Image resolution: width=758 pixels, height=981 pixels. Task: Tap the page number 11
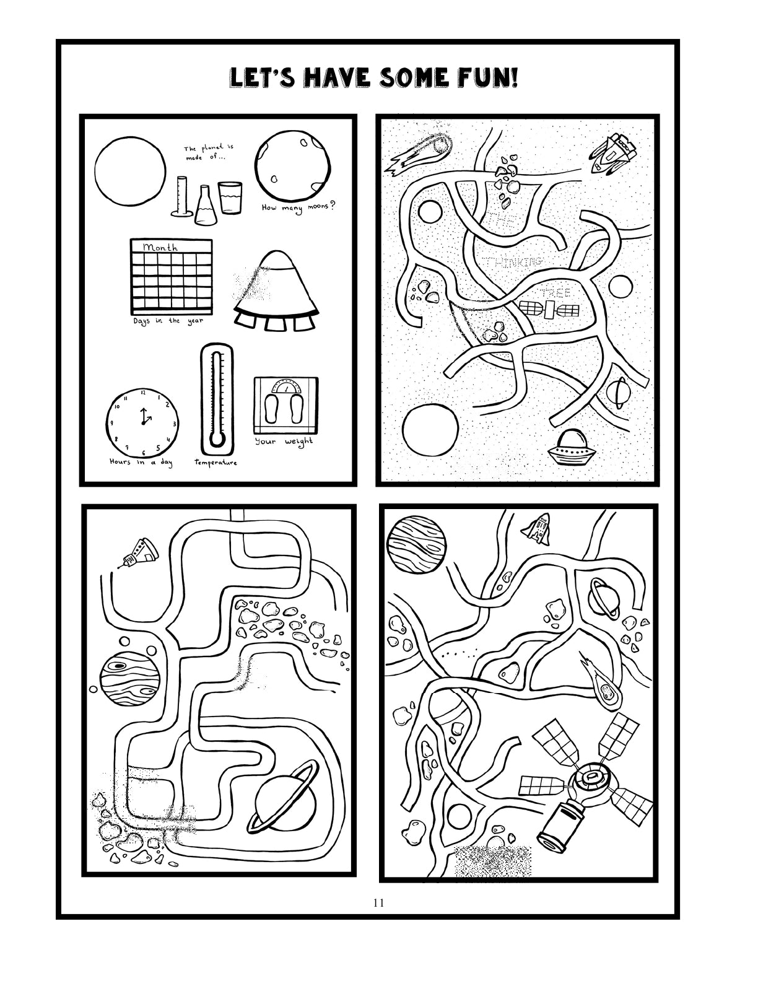(378, 902)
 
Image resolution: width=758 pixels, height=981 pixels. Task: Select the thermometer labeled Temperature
(215, 400)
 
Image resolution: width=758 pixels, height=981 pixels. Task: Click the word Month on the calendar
(160, 247)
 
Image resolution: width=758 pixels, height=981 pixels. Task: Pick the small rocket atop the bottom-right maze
(536, 527)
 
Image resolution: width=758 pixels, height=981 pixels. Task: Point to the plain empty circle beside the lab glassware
(130, 170)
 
